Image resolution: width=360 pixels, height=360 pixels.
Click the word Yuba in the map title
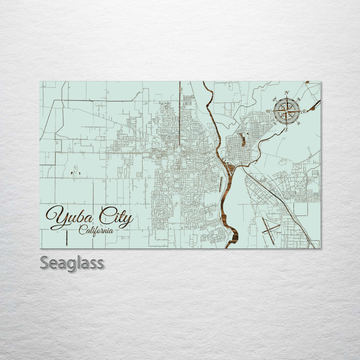72,217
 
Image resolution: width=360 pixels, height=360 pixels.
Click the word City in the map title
115,218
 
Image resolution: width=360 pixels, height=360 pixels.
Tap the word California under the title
96,230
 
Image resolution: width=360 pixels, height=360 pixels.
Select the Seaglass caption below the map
72,263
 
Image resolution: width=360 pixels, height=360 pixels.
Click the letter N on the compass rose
287,93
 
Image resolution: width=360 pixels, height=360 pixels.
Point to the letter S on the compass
286,129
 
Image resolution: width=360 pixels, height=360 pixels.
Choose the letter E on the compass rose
304,111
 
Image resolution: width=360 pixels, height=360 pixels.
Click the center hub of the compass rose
287,111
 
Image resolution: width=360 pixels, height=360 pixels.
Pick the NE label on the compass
299,100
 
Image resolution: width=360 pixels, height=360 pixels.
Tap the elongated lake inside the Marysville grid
243,140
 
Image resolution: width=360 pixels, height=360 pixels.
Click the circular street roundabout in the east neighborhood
300,184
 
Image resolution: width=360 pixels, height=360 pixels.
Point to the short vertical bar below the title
67,237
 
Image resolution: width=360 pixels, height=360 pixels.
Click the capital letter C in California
82,230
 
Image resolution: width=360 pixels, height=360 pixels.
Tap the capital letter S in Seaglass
45,263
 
